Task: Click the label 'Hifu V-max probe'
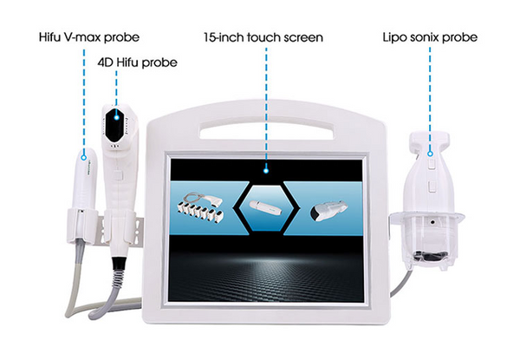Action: (89, 36)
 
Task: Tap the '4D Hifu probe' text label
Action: (137, 62)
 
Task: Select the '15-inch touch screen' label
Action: (263, 37)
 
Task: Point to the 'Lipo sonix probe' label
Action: (430, 36)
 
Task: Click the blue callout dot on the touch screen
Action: (266, 171)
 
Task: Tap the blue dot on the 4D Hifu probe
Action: (116, 117)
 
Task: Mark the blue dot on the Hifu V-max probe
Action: (84, 158)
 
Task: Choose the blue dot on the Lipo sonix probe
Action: (430, 154)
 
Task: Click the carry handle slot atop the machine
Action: (267, 131)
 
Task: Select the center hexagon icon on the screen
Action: (267, 208)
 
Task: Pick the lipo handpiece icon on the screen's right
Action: (329, 210)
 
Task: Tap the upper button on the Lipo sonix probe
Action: (432, 164)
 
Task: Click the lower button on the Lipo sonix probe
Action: (432, 187)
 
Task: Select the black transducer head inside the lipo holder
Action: (431, 256)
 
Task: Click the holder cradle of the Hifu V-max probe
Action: (81, 225)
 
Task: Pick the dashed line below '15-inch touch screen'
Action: (266, 107)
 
